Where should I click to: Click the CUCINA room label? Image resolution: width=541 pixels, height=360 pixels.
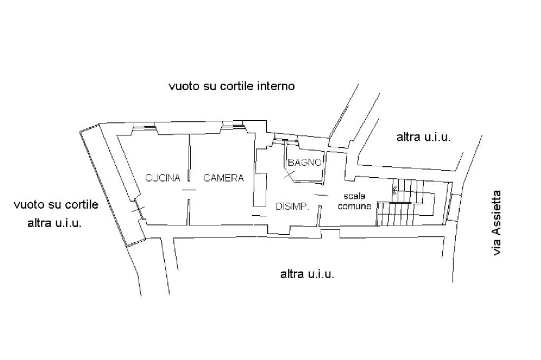(x=163, y=178)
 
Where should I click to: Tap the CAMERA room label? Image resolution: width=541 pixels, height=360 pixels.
(x=223, y=178)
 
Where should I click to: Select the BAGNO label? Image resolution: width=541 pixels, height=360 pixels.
(x=305, y=163)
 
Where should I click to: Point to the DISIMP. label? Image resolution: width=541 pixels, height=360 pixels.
(x=292, y=206)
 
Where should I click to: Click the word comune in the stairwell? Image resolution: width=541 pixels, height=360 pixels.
(x=355, y=206)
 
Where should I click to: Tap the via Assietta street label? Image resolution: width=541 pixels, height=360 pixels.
(x=497, y=223)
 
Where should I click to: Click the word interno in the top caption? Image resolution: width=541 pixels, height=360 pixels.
(x=275, y=86)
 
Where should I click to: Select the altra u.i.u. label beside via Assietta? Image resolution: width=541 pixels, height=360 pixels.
(x=423, y=138)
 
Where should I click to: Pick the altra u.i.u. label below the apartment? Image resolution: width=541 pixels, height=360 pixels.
(x=307, y=274)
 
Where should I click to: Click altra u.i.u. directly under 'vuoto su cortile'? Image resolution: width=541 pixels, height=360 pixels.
(x=54, y=223)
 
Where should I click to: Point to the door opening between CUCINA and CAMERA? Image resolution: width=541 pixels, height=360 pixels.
(x=189, y=191)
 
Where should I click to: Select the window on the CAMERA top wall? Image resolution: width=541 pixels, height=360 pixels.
(x=232, y=125)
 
